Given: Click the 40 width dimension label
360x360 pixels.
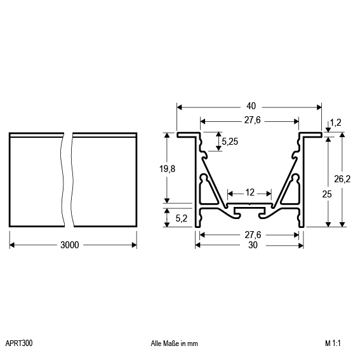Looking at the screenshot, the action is pyautogui.click(x=251, y=106).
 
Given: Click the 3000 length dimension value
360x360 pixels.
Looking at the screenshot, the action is pyautogui.click(x=70, y=245).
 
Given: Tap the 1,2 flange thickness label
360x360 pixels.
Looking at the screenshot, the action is pyautogui.click(x=336, y=123).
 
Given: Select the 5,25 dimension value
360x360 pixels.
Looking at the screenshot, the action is pyautogui.click(x=230, y=142).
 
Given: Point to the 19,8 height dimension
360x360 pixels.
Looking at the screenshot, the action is pyautogui.click(x=167, y=169).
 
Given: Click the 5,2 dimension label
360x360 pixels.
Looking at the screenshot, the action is pyautogui.click(x=182, y=218).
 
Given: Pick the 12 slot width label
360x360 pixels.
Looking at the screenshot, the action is pyautogui.click(x=250, y=192).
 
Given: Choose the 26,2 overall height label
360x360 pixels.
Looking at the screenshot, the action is pyautogui.click(x=342, y=179).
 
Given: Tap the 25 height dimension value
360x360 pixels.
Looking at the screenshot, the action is pyautogui.click(x=327, y=194).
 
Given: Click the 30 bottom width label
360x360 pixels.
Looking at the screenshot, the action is pyautogui.click(x=253, y=245).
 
